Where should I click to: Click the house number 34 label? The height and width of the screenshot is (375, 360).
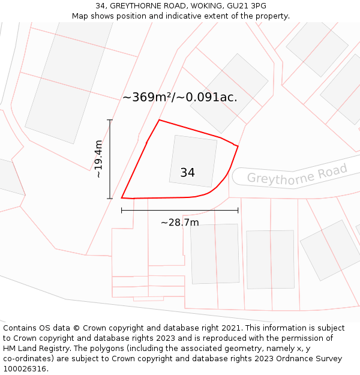[187, 173]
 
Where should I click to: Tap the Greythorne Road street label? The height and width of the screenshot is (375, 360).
[297, 175]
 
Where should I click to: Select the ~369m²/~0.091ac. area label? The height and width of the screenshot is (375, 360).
[180, 97]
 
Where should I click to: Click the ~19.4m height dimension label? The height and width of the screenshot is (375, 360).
[99, 159]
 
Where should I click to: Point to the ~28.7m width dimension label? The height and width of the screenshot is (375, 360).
[179, 223]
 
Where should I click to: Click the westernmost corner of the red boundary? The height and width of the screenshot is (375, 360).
[122, 197]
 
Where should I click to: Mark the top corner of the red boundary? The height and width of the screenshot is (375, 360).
[159, 120]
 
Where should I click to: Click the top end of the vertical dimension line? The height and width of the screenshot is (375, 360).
[110, 120]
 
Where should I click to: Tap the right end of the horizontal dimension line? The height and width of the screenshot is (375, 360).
[238, 210]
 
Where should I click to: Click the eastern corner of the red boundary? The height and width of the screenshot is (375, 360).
[238, 146]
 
